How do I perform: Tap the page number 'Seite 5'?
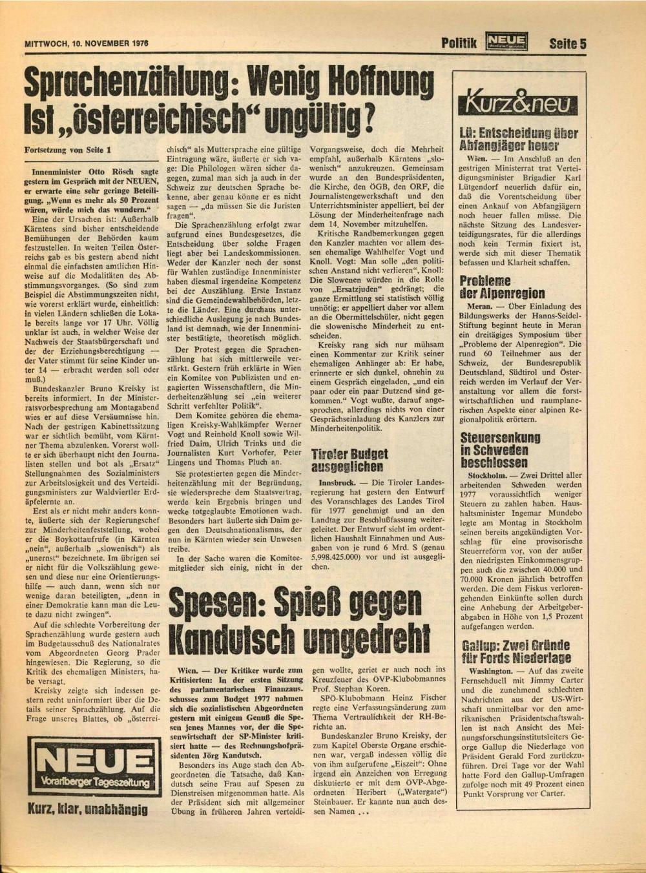coord(567,44)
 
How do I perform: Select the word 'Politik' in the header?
coord(459,44)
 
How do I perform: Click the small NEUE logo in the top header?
coord(508,43)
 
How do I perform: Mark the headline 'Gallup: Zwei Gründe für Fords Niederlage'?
coord(516,652)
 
